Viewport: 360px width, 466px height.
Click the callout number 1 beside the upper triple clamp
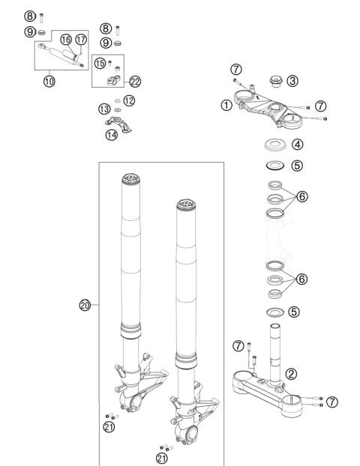pos(226,105)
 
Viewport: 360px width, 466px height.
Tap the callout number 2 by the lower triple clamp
pos(291,374)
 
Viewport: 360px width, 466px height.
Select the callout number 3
pos(292,81)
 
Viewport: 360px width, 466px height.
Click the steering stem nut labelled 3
pos(275,81)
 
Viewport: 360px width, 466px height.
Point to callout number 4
pos(297,145)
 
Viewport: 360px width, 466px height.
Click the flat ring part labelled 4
pos(275,145)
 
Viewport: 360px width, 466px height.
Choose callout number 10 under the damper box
pos(49,81)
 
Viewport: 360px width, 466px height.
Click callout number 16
pos(66,40)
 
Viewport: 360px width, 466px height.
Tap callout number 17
pos(81,40)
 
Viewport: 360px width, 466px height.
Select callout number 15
pos(100,63)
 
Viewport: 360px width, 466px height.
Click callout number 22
pos(135,82)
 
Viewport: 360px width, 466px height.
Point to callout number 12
pos(129,100)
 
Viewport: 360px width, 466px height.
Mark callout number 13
pos(104,109)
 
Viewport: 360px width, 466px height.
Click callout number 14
pos(112,135)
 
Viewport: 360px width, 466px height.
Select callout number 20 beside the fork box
pos(85,305)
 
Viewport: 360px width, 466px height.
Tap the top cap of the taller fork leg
pos(130,179)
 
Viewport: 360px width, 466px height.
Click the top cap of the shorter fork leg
pos(186,205)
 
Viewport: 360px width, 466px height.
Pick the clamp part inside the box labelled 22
pos(114,81)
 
